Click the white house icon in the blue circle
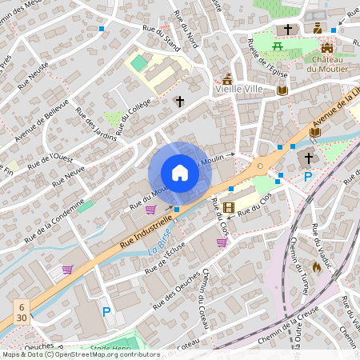tap(179, 173)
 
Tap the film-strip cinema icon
tap(230, 207)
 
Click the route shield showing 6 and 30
tap(22, 310)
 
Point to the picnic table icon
tap(278, 46)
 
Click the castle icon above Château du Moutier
tap(326, 47)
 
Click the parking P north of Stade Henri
tap(106, 311)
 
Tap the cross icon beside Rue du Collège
tap(179, 102)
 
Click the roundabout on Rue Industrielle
tap(259, 166)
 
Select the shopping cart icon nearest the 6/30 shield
tap(67, 270)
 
